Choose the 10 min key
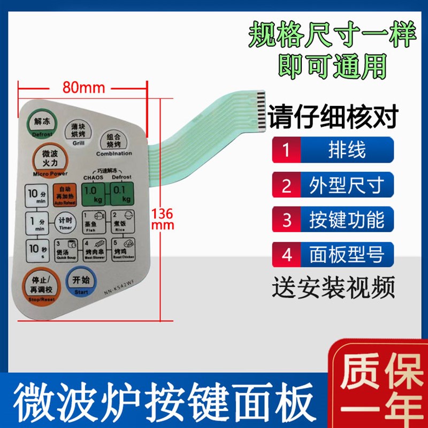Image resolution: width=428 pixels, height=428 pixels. click(37, 196)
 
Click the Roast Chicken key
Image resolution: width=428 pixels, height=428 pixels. click(123, 250)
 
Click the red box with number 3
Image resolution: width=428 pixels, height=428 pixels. click(286, 220)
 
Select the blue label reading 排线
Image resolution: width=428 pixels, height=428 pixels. click(347, 150)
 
